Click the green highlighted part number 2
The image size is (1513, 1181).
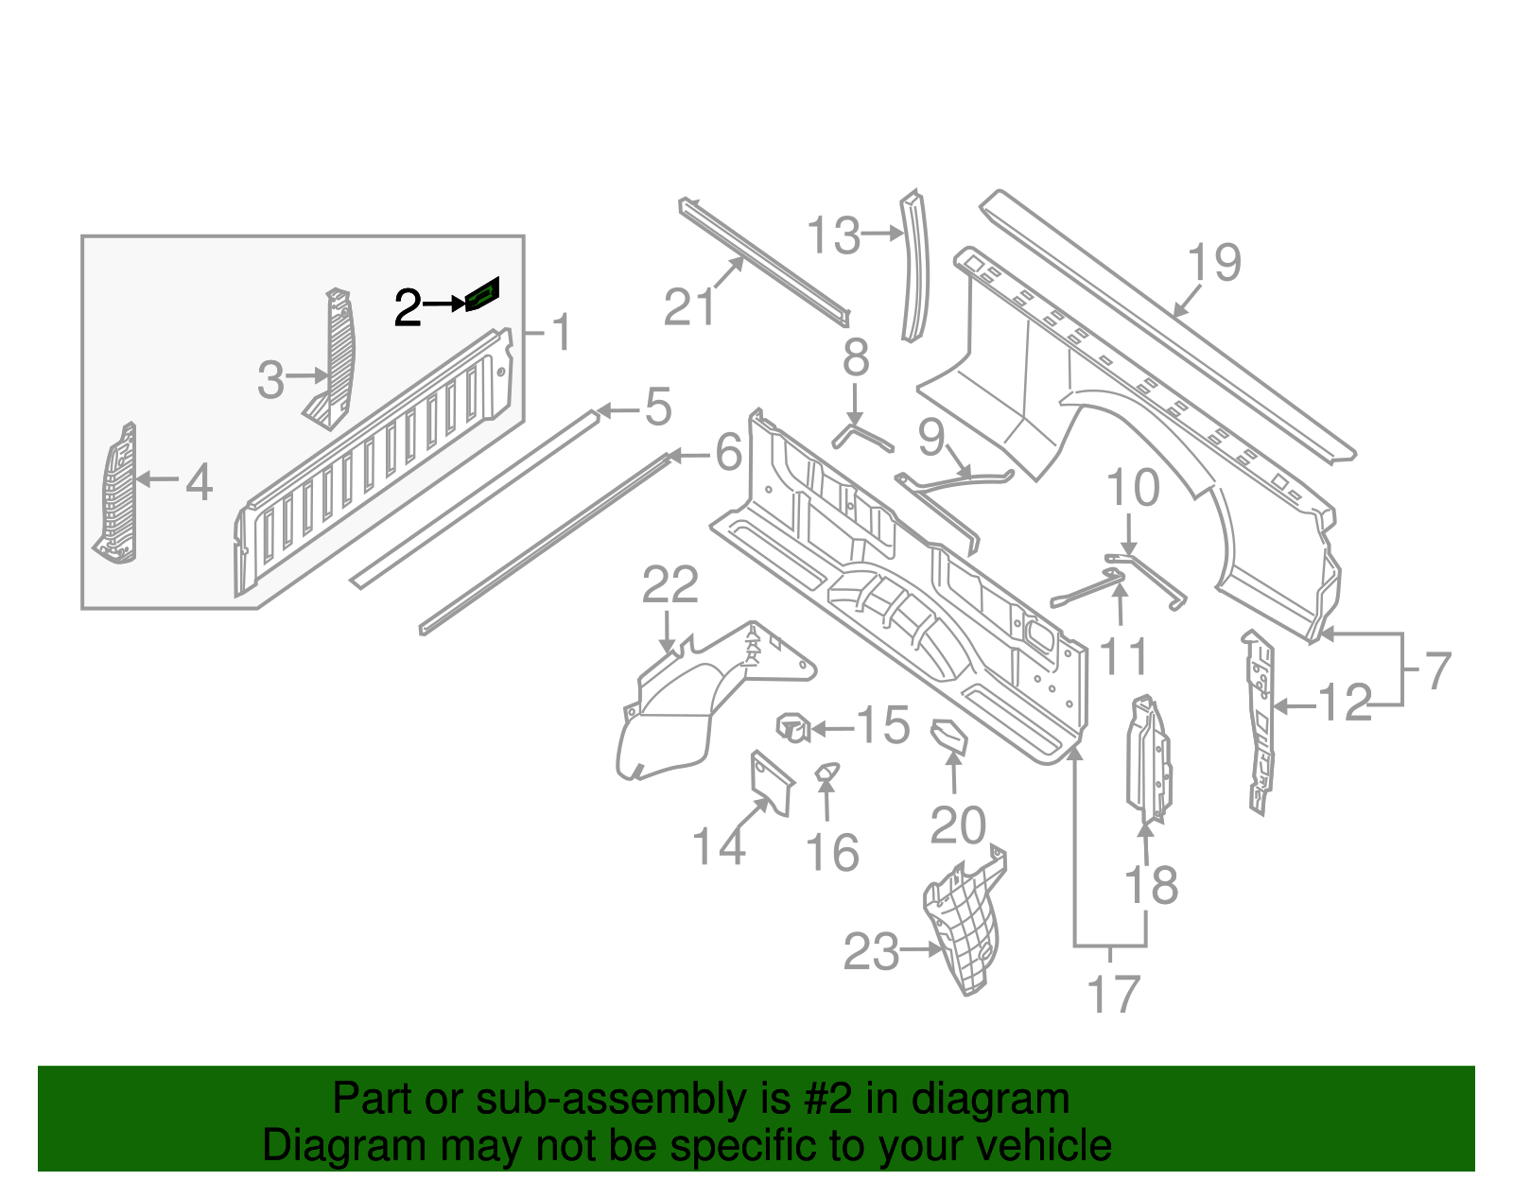coord(483,295)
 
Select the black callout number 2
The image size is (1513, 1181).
coord(408,308)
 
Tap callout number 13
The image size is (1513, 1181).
coord(834,235)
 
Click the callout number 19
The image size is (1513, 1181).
coord(1214,262)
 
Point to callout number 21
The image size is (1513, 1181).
coord(689,307)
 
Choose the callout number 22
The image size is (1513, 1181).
coord(670,585)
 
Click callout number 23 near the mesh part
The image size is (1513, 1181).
coord(871,952)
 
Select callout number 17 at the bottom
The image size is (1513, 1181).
coord(1113,995)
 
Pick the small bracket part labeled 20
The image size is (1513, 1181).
coord(949,736)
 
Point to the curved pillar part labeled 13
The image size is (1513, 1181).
coord(914,266)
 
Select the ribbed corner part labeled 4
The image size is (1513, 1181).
coord(116,496)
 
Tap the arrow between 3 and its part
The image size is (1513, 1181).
coord(307,376)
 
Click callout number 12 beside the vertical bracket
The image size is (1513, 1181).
coord(1344,703)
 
